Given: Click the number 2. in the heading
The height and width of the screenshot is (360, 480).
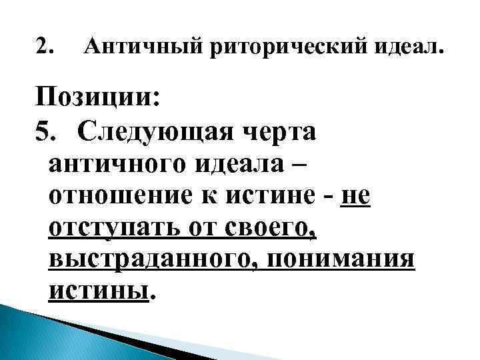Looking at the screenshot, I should [47, 48].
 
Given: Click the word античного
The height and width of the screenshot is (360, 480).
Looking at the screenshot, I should [117, 163].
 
